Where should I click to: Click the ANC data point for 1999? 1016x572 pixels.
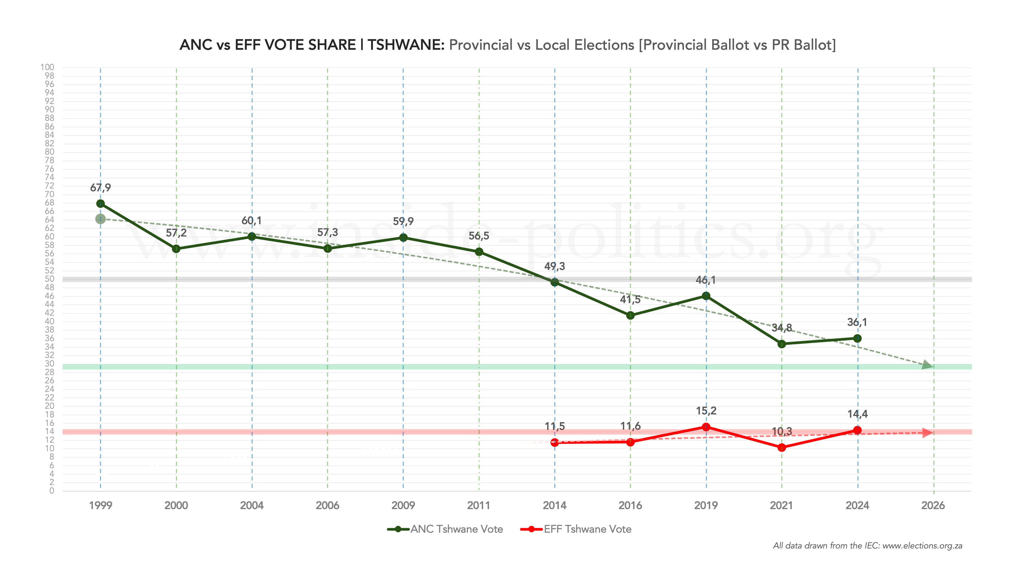[x=101, y=204]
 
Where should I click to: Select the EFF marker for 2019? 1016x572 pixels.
[x=706, y=427]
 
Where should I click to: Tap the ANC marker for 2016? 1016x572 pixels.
[x=630, y=315]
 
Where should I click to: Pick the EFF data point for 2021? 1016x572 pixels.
[x=782, y=448]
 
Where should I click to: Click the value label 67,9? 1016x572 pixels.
[x=101, y=188]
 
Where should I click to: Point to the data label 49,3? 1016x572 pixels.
[x=555, y=266]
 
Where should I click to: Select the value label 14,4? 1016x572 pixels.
[x=857, y=414]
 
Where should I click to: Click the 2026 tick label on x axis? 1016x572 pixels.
[x=933, y=506]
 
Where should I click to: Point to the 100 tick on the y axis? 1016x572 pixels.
[x=47, y=67]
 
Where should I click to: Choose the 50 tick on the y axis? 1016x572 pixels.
[x=49, y=279]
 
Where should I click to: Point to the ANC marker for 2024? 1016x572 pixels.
[x=857, y=339]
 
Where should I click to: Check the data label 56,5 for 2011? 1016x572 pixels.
[x=479, y=236]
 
